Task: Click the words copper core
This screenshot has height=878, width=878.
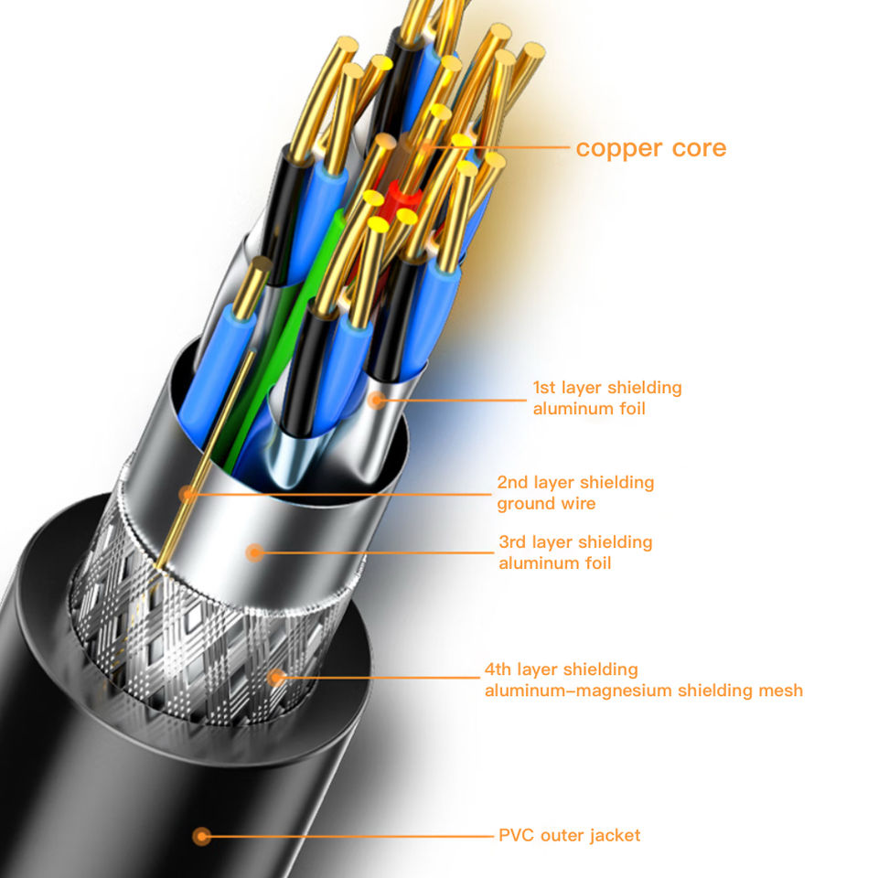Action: (x=650, y=148)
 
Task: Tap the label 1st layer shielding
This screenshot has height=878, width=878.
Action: (x=607, y=388)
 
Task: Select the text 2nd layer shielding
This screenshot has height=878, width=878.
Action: (x=575, y=482)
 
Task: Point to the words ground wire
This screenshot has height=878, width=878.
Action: (x=545, y=504)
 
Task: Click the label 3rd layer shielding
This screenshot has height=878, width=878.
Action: (x=575, y=542)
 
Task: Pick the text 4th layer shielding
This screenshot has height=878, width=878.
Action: (x=561, y=669)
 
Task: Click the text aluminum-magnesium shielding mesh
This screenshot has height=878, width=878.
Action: (x=643, y=691)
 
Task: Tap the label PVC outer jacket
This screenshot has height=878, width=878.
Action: (x=569, y=835)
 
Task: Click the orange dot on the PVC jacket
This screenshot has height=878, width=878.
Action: (x=202, y=835)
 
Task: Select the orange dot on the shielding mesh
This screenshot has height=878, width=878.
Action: (x=276, y=678)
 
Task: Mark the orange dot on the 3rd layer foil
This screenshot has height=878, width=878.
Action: (x=255, y=551)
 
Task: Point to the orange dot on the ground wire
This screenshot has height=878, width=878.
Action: (x=188, y=494)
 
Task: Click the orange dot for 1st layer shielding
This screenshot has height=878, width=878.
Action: (x=376, y=399)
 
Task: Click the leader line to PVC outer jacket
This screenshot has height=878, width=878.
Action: (x=348, y=835)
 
